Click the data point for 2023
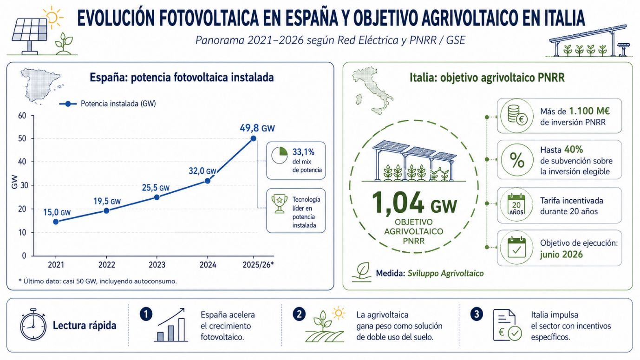point(157,197)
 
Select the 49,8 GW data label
point(257,128)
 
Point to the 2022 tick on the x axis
point(106,265)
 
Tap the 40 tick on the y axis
point(22,162)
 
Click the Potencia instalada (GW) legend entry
point(107,104)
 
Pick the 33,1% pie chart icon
point(280,156)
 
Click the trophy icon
point(280,204)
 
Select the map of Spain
point(41,86)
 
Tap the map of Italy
point(372,90)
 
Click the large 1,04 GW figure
point(414,203)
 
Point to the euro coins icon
point(517,115)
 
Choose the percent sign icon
point(517,160)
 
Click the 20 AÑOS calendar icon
point(516,205)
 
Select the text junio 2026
point(561,254)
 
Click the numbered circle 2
point(299,314)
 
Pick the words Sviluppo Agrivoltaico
point(445,274)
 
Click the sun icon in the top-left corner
point(52,18)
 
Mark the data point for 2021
point(56,222)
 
